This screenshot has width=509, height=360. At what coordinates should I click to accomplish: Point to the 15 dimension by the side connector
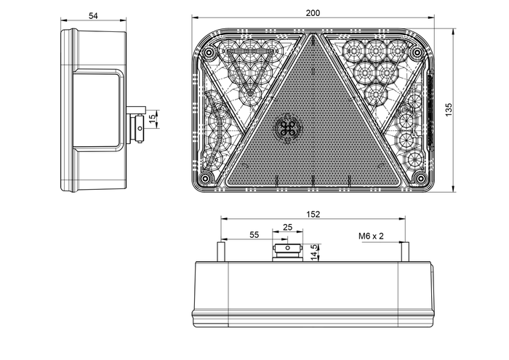click(x=152, y=118)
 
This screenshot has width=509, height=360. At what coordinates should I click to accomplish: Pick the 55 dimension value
click(x=253, y=235)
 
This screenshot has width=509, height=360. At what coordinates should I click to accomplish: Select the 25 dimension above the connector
click(x=287, y=228)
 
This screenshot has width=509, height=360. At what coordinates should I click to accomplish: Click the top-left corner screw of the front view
click(x=209, y=55)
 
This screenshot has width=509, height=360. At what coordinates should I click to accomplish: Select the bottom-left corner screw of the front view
click(x=207, y=178)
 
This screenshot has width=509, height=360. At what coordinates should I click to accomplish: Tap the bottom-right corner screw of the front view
click(x=418, y=178)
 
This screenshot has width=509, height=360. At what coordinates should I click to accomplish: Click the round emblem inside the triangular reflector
click(x=288, y=128)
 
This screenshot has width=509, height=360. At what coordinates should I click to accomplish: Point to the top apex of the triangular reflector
click(x=313, y=33)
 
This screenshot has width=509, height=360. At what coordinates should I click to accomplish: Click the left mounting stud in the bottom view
click(x=220, y=250)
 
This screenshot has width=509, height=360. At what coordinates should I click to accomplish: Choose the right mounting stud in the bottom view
click(x=406, y=250)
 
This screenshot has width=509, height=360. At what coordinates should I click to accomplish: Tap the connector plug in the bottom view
click(x=287, y=252)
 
